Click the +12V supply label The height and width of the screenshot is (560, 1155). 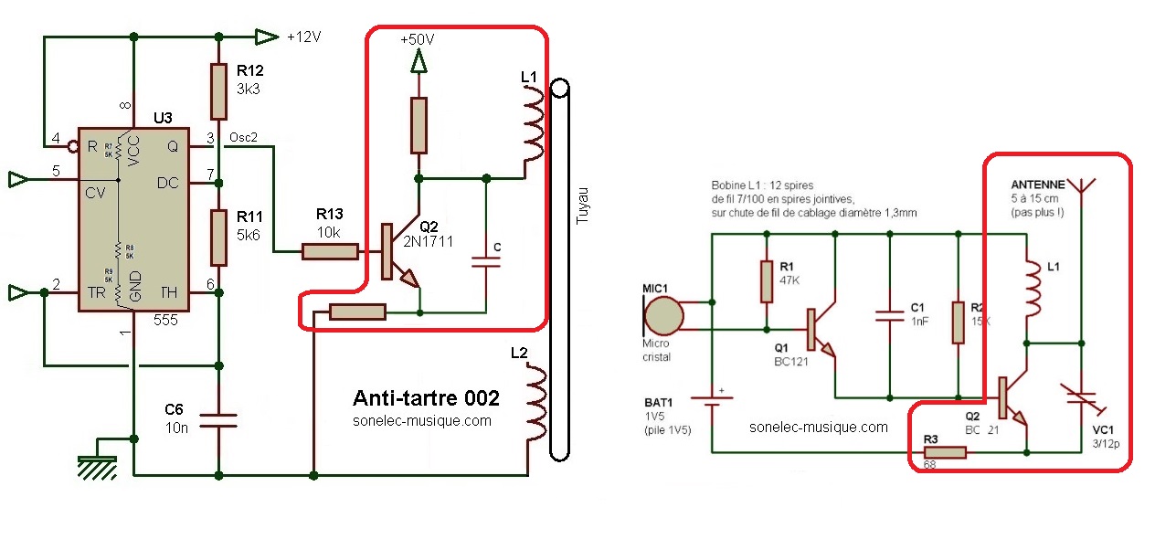point(303,37)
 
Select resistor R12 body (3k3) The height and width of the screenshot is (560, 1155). point(217,91)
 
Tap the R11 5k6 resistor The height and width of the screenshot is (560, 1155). point(217,237)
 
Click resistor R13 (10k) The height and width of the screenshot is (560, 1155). point(330,250)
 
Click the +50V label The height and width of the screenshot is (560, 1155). point(417,41)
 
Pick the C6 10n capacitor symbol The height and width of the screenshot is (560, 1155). point(217,421)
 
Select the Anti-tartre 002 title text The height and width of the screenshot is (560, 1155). point(426,398)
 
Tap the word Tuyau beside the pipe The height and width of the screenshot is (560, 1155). point(584,206)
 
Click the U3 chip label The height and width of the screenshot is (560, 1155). point(163,118)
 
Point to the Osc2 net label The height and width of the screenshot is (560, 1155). point(242,138)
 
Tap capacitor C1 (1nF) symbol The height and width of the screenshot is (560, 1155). point(889,315)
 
